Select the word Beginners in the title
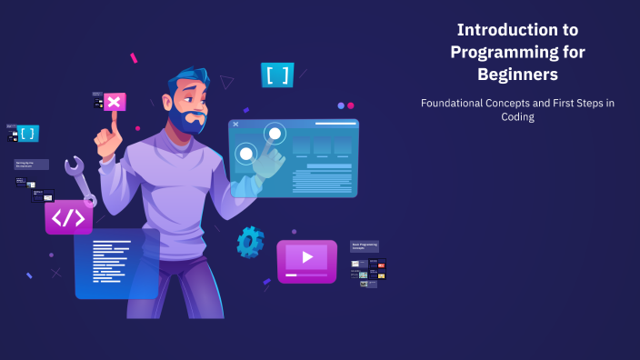(x=517, y=75)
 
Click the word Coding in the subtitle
(x=517, y=117)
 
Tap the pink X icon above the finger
(x=115, y=102)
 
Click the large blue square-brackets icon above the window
(x=276, y=75)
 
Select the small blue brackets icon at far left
(x=28, y=134)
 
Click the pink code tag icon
(x=68, y=218)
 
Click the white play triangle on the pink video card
(x=307, y=257)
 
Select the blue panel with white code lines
(x=116, y=263)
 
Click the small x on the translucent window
(x=235, y=124)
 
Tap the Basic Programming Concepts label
(x=364, y=246)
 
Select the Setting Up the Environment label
(x=31, y=165)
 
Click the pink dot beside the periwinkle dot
(x=351, y=105)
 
